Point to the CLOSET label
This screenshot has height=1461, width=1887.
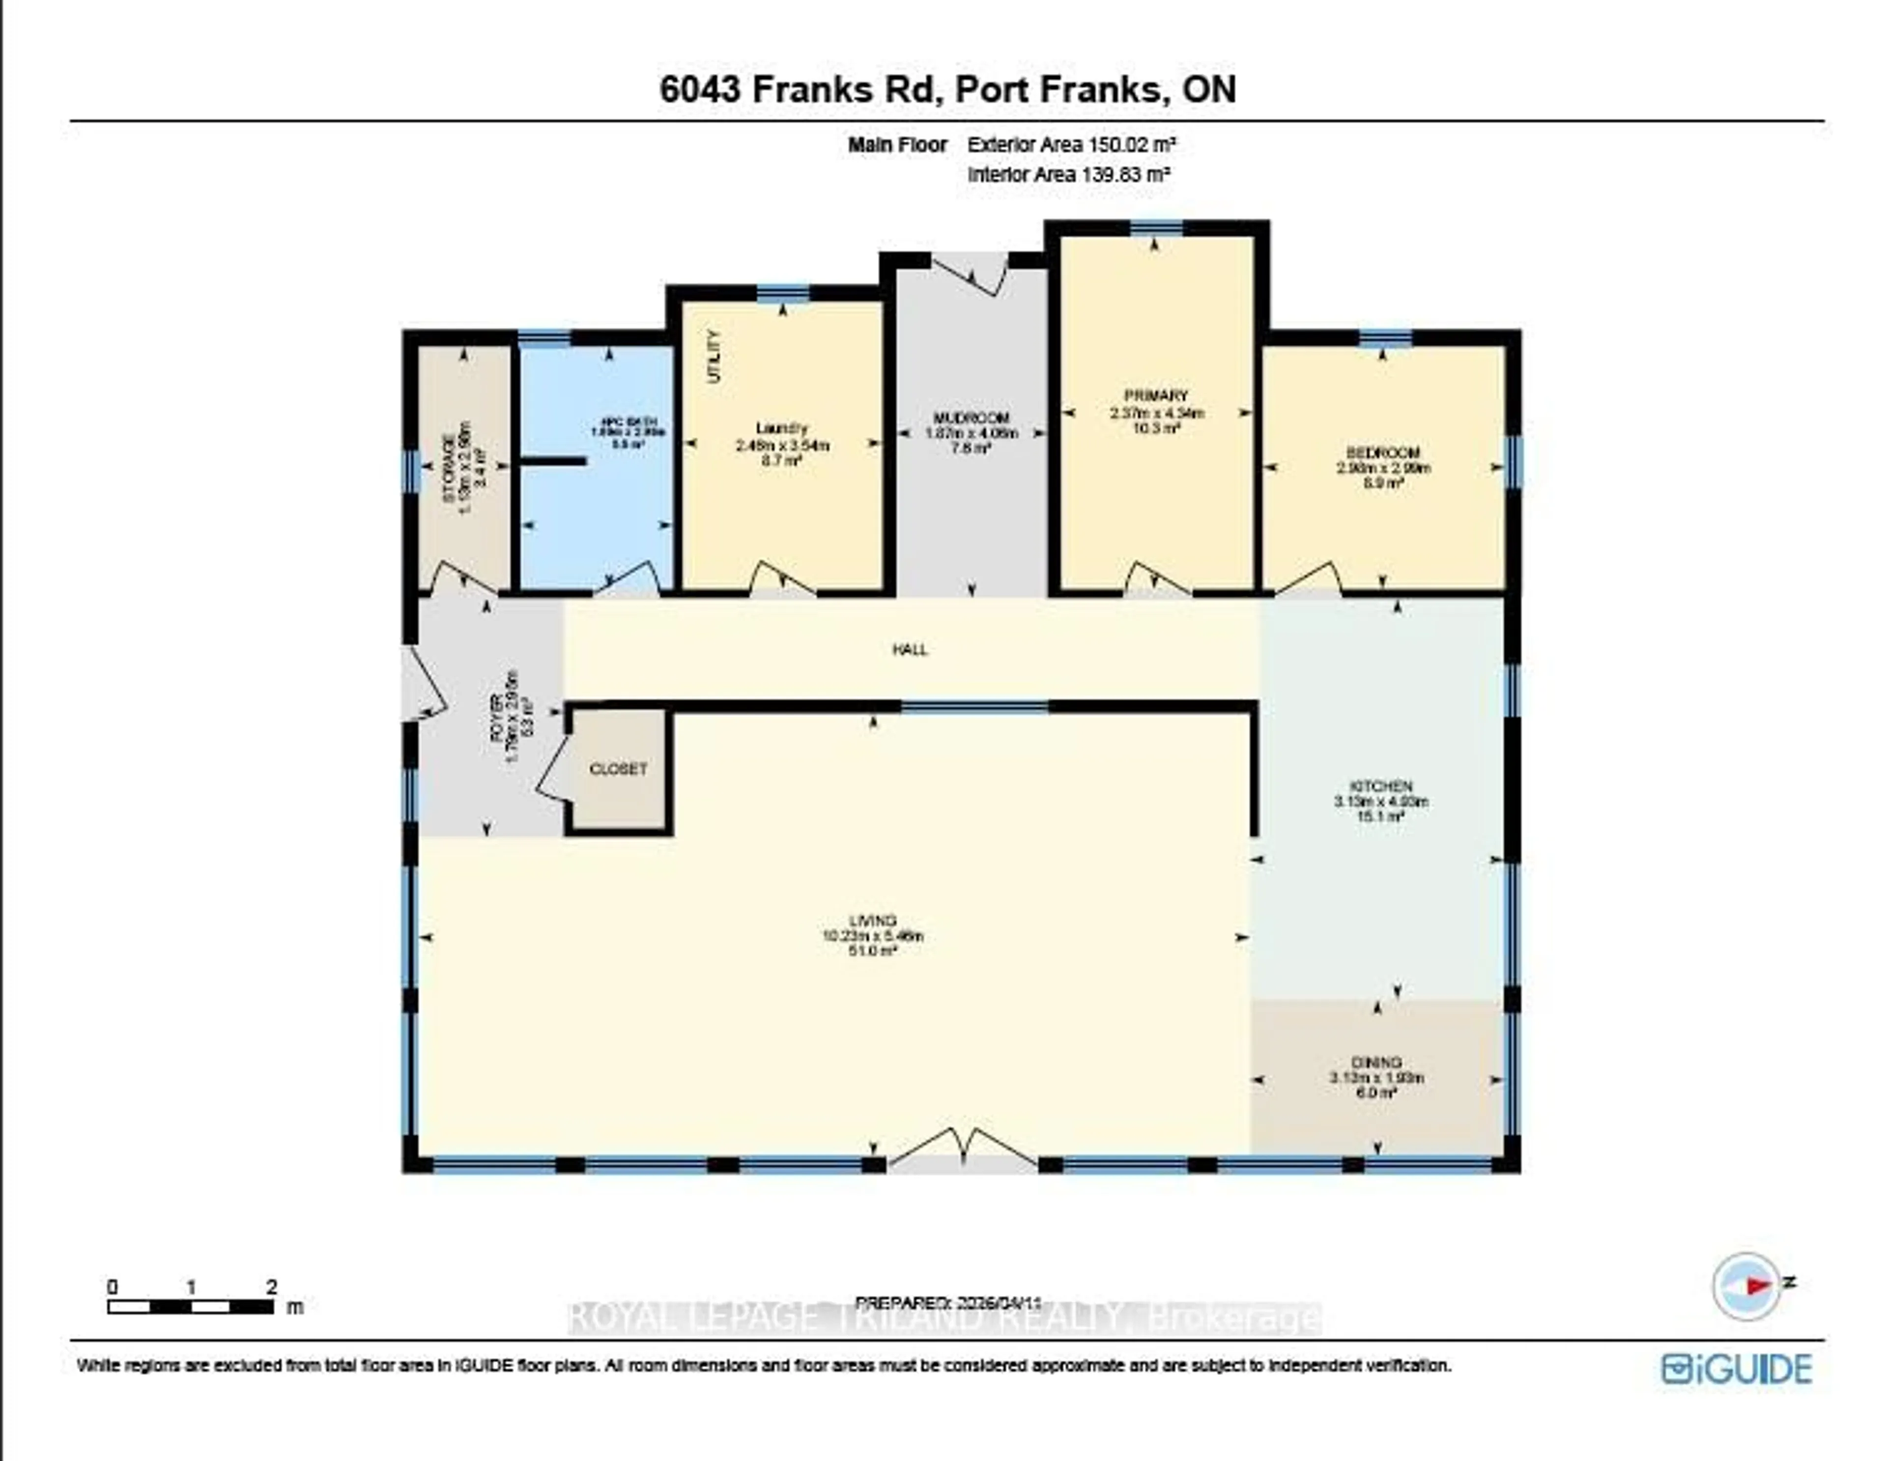[618, 769]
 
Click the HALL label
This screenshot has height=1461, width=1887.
[910, 650]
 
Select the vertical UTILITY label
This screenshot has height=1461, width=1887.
[714, 357]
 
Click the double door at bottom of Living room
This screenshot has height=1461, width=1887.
[963, 1149]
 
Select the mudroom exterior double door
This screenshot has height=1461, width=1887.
[971, 272]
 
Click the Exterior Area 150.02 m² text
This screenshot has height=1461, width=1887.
[1071, 145]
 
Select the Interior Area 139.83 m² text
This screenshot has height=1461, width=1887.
[1069, 174]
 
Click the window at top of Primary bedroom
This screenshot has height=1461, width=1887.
[1157, 227]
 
